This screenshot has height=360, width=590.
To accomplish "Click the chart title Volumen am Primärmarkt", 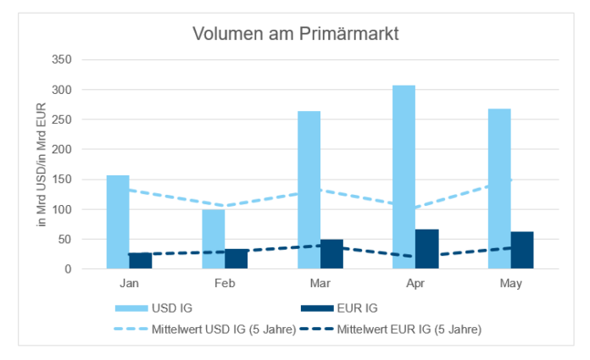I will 295,35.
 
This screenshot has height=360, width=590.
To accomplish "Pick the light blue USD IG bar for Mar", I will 309,190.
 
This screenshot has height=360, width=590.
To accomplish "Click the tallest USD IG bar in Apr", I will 404,177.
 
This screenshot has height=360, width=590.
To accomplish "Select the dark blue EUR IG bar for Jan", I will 142,261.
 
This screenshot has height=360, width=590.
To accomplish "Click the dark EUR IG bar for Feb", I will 237,258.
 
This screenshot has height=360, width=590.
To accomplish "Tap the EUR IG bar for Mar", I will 331,254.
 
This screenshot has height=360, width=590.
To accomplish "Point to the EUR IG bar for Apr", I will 427,249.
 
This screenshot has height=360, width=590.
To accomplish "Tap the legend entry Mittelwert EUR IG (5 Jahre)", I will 409,330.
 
